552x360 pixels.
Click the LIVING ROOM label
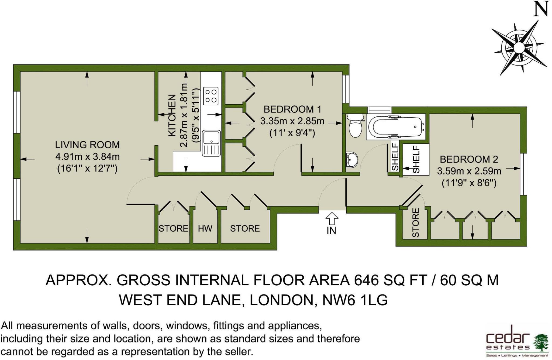(87, 145)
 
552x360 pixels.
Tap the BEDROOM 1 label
(292, 109)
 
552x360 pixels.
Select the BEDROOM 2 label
(469, 159)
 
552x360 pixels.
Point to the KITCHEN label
(172, 115)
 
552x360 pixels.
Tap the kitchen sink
(211, 143)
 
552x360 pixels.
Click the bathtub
(396, 127)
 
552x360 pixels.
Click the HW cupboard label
(205, 229)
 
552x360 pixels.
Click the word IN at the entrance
(331, 231)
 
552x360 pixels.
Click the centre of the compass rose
(518, 48)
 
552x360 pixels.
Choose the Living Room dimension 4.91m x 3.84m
(87, 157)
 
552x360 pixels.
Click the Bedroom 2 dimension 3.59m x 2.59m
(469, 171)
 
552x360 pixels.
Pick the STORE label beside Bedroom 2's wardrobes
(416, 223)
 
